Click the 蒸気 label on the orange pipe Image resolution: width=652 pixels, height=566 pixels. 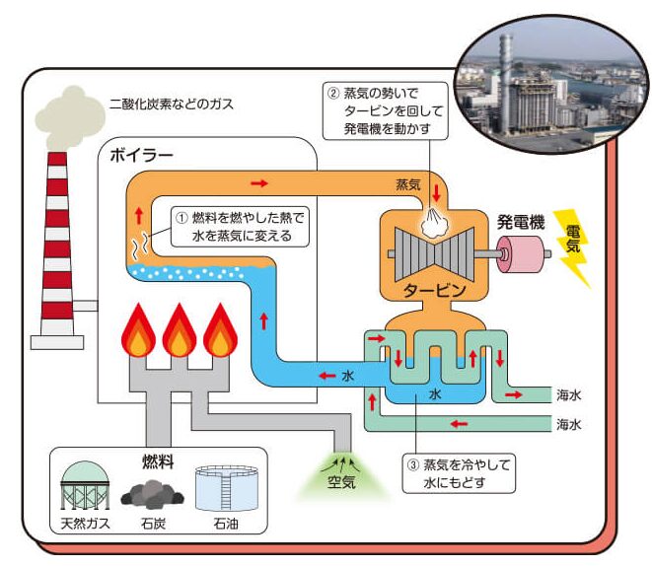[408, 184]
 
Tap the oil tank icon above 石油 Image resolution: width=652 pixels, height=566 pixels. [218, 486]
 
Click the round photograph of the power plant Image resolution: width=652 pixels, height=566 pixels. [544, 77]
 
